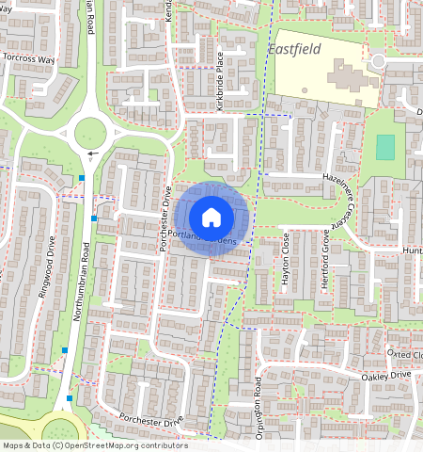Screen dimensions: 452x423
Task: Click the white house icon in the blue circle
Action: (211, 217)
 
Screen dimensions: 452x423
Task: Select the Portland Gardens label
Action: (210, 238)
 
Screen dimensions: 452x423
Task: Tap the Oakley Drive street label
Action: (386, 376)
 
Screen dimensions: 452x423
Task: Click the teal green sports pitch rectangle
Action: (385, 147)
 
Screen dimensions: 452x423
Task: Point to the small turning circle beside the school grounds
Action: (378, 61)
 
